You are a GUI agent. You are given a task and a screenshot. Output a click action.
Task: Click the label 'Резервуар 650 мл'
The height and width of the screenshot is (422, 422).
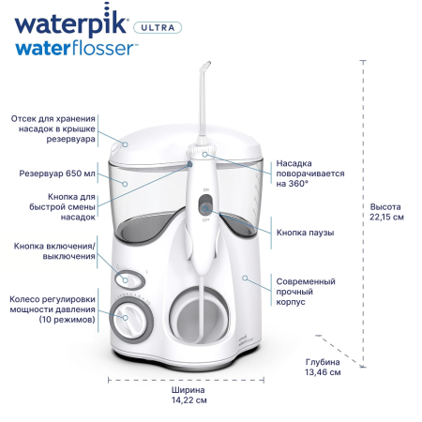[x=58, y=173]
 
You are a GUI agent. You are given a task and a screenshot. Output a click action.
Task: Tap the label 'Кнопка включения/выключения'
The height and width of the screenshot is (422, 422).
[x=55, y=251]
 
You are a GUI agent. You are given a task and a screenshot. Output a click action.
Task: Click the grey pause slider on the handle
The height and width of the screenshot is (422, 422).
[x=208, y=201]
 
